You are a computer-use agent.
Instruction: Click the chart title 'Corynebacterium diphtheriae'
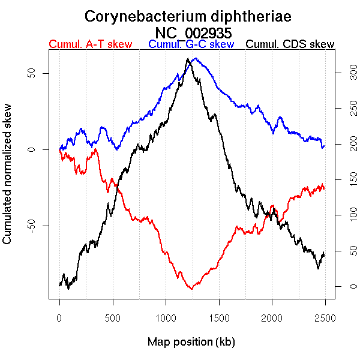coord(188,16)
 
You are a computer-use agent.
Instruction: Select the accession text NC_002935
coord(193,32)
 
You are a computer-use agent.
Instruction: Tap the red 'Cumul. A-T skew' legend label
coord(90,44)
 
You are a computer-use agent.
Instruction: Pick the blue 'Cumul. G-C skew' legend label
coord(191,44)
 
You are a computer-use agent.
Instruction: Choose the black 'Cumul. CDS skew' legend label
coord(290,44)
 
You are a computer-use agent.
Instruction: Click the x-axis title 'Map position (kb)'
coord(191,342)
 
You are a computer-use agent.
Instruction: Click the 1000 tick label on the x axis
coord(166,318)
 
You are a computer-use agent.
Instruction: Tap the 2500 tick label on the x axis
coord(325,318)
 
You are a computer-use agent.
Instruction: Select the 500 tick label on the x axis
coord(112,318)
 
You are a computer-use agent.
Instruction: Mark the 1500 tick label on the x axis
coord(218,318)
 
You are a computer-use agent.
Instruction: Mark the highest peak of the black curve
coord(188,59)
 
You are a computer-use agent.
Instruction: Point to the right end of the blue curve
coord(324,146)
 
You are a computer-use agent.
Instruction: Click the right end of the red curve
coord(324,187)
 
